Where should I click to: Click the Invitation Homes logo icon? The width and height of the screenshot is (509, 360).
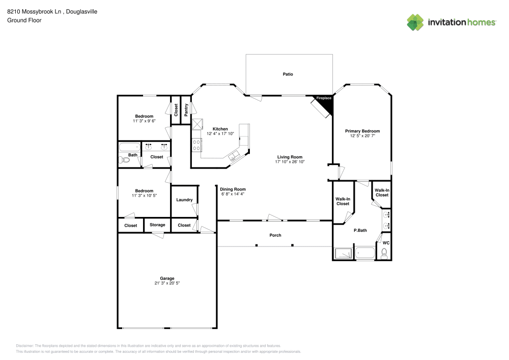[x=415, y=22]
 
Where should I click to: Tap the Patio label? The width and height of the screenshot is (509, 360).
[x=288, y=74]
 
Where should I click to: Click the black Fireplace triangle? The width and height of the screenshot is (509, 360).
[x=326, y=104]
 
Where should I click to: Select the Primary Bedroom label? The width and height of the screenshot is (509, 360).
[x=362, y=131]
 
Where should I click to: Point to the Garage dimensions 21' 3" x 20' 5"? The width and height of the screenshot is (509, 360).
[x=167, y=283]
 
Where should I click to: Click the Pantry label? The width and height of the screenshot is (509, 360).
[x=186, y=109]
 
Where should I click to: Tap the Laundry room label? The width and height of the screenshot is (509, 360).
[x=184, y=200]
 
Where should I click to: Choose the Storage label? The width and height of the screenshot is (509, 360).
[x=157, y=225]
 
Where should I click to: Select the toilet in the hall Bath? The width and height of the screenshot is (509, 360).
[x=123, y=160]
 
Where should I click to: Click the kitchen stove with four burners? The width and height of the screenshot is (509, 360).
[x=196, y=145]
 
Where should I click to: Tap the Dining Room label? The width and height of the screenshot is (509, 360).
[x=233, y=189]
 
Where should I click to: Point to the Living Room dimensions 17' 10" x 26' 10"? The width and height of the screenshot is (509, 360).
[x=290, y=162]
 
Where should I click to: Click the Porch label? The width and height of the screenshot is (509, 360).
[x=275, y=235]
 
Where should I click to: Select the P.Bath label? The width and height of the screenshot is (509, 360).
[x=360, y=230]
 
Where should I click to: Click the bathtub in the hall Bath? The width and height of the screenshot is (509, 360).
[x=129, y=148]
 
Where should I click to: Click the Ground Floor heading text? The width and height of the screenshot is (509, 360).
[x=24, y=20]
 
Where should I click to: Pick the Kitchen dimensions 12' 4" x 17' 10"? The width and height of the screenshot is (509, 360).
[x=220, y=134]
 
